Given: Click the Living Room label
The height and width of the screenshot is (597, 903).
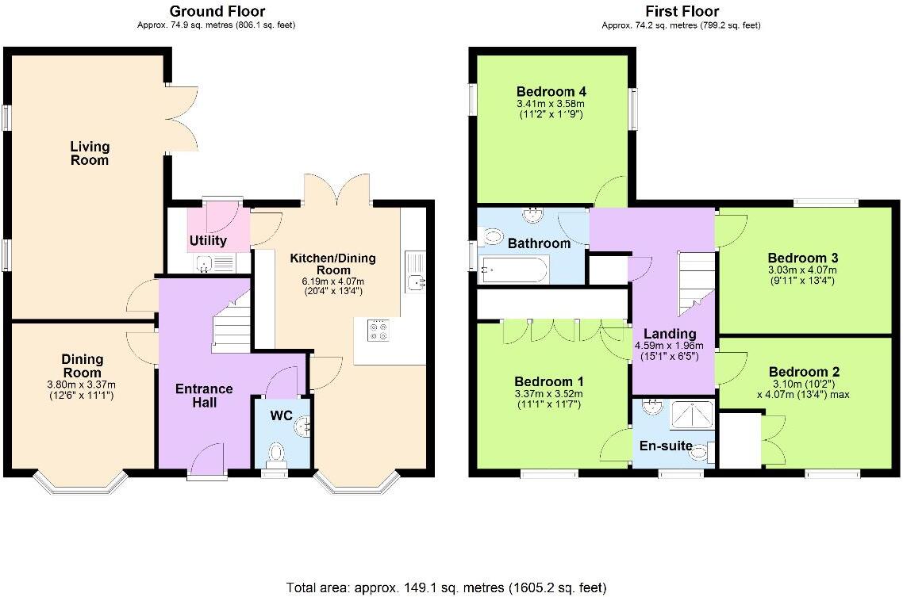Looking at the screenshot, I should click(x=89, y=153).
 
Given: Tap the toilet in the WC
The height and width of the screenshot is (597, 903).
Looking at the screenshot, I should click(x=276, y=453).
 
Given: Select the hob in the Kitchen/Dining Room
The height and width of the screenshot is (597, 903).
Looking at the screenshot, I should click(x=378, y=329).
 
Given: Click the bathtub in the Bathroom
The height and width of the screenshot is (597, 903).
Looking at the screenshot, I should click(x=513, y=270).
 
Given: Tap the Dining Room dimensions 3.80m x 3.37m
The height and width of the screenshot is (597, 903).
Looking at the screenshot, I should click(x=83, y=386).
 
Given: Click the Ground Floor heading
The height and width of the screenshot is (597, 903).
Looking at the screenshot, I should click(x=217, y=11).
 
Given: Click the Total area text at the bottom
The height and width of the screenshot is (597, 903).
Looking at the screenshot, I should click(x=446, y=587).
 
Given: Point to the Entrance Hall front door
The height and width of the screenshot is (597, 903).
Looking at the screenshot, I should click(x=207, y=461).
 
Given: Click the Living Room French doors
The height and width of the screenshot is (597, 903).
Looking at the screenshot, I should click(x=183, y=117).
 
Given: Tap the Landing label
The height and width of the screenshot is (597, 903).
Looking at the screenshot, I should click(x=670, y=334).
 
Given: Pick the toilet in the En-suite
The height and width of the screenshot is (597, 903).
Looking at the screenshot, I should click(x=698, y=452).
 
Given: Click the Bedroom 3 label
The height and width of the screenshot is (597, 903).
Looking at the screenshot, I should click(x=803, y=258).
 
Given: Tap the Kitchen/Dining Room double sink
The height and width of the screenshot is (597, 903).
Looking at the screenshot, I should click(x=416, y=271).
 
